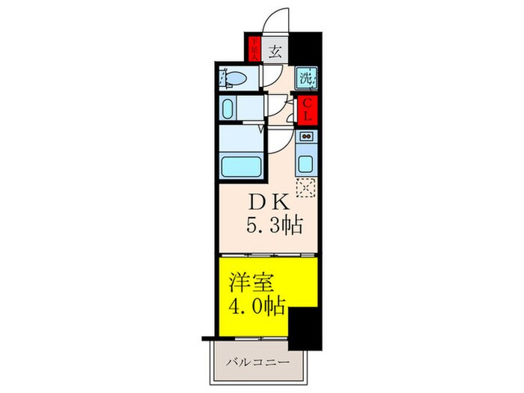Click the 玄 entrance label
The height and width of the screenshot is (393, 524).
coord(275,52)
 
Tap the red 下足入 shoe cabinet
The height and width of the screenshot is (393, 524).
coord(255,49)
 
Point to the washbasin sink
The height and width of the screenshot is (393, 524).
coord(230,106)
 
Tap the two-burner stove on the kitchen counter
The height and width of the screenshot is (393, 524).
coord(305,138)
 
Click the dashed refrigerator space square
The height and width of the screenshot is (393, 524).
coord(305,187)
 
